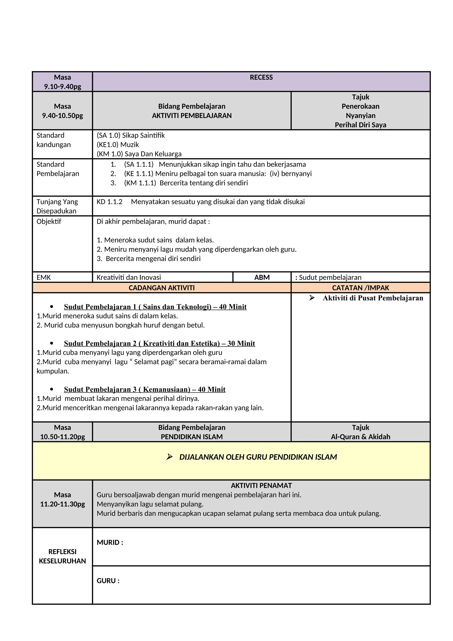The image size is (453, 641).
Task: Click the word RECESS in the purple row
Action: click(x=261, y=77)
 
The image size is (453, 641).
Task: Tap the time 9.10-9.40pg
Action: click(x=62, y=87)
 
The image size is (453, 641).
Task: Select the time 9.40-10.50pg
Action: click(x=62, y=116)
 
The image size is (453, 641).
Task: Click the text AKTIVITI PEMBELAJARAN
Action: click(x=192, y=116)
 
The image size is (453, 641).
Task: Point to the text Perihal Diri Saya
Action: click(x=360, y=125)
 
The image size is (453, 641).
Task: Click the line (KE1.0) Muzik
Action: click(x=118, y=145)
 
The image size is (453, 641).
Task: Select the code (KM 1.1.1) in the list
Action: click(x=140, y=183)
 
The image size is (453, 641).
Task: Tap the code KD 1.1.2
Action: click(x=109, y=202)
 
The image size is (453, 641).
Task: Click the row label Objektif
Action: click(x=49, y=221)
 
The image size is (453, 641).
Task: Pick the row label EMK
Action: click(x=44, y=277)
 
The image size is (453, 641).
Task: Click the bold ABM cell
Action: click(x=262, y=277)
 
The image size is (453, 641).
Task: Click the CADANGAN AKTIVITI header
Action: click(x=161, y=288)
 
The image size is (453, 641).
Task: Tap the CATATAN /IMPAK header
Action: click(x=360, y=288)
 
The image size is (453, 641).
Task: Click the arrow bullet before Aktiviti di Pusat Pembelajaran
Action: click(x=312, y=298)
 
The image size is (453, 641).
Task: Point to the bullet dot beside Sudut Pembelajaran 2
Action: click(x=52, y=343)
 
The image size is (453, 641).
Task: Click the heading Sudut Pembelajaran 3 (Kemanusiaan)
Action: click(x=144, y=389)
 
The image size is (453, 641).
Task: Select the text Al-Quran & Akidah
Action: click(x=360, y=437)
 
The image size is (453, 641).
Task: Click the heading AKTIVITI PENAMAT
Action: click(x=261, y=485)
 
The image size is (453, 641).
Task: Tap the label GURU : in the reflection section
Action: click(x=108, y=581)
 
